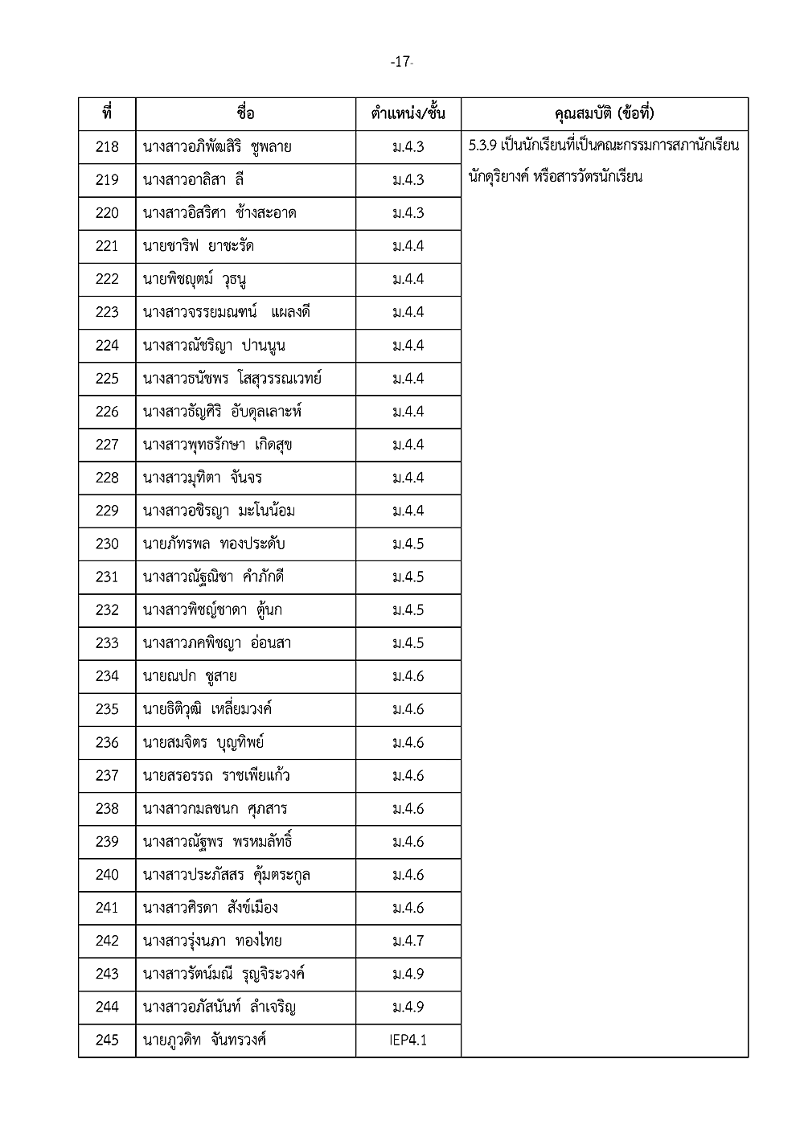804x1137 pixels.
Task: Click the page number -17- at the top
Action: [x=401, y=62]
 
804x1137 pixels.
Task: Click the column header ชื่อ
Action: [x=246, y=113]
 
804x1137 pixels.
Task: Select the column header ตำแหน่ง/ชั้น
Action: [x=408, y=113]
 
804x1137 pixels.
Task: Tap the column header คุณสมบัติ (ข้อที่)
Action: [x=605, y=113]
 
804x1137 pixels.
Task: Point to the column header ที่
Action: [x=107, y=113]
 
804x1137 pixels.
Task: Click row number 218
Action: [x=107, y=147]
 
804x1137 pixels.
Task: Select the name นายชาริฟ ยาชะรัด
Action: [x=199, y=246]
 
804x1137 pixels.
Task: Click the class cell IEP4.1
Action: [x=408, y=1041]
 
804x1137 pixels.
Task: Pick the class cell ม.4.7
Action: [x=408, y=941]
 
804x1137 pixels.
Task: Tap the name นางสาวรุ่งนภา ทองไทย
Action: [x=212, y=941]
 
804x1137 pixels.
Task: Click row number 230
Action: [x=107, y=544]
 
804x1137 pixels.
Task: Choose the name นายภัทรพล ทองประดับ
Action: [x=214, y=544]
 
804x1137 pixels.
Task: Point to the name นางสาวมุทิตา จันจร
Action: [x=203, y=478]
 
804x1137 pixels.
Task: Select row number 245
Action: [x=107, y=1041]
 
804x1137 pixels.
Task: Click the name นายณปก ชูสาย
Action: [x=190, y=676]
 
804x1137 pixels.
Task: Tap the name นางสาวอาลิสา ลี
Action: [x=194, y=180]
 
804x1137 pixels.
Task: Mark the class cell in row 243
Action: [x=408, y=974]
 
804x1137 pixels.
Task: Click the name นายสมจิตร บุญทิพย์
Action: [x=203, y=742]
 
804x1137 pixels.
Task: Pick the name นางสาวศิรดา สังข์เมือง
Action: [x=211, y=908]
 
